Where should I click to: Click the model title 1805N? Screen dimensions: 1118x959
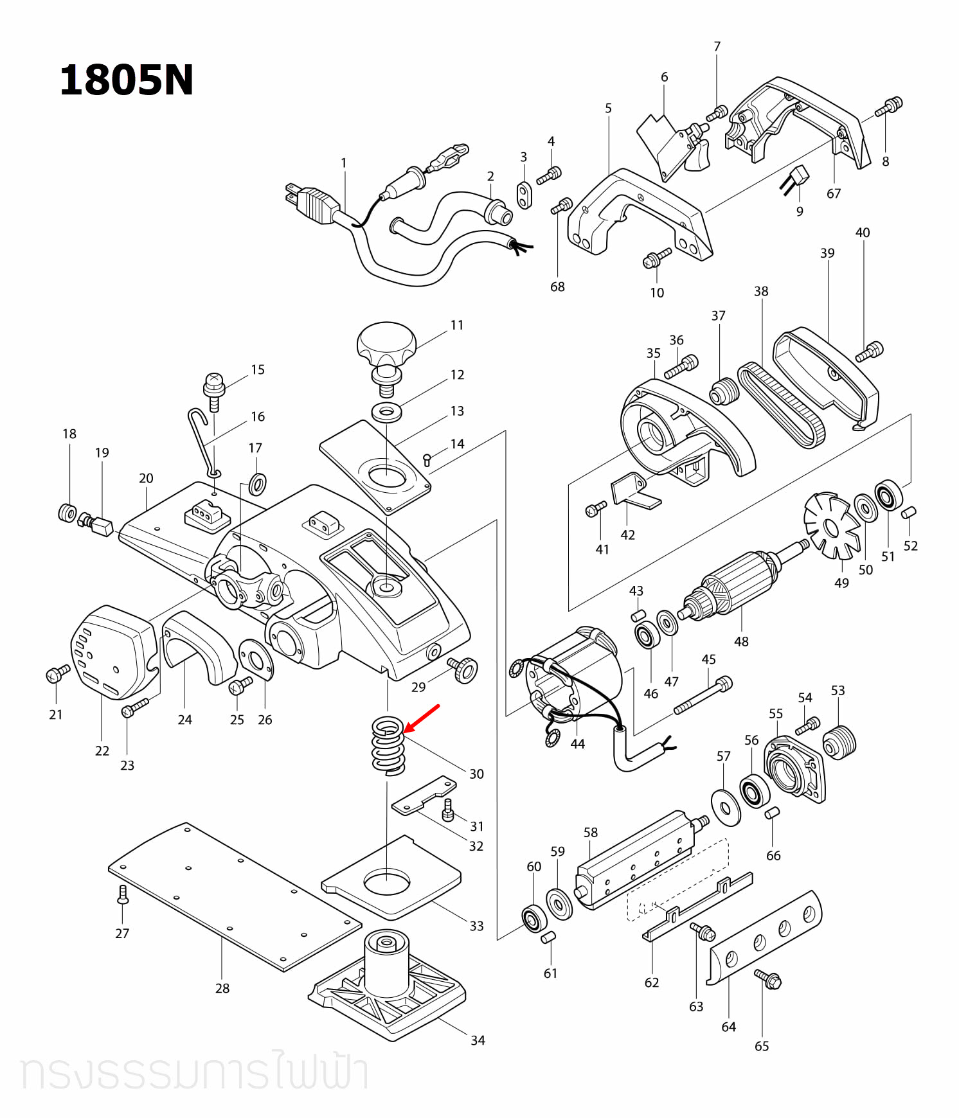tap(126, 81)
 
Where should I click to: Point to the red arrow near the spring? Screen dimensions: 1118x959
tap(422, 719)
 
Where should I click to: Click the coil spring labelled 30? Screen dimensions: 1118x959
tap(388, 746)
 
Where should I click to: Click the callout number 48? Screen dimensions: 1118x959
tap(741, 641)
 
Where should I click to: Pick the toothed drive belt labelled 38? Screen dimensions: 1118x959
tap(779, 405)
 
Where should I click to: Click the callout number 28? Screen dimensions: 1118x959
tap(222, 988)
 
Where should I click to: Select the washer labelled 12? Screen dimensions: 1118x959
tap(387, 411)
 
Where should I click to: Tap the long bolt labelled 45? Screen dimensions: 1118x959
tap(703, 695)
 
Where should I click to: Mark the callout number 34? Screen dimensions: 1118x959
tap(478, 1040)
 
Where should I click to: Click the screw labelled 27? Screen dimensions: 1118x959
tap(123, 894)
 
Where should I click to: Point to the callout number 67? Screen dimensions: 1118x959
tap(834, 193)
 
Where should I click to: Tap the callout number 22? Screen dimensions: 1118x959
tap(102, 750)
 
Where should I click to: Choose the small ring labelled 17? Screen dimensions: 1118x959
tap(258, 483)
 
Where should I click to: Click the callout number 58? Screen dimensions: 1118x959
tap(591, 832)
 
